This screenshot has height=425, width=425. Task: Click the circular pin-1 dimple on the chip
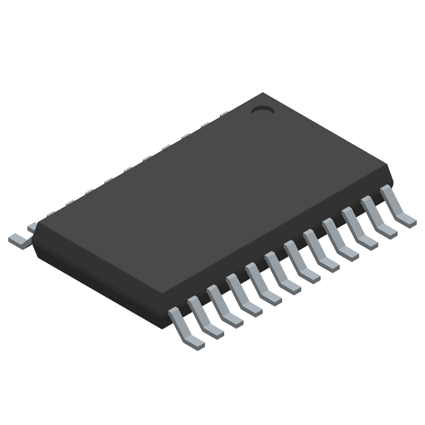pos(262,110)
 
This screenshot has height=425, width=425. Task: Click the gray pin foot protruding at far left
pos(19,240)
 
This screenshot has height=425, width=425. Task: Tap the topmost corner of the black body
pos(262,93)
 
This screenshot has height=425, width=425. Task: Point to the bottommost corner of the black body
pos(159,325)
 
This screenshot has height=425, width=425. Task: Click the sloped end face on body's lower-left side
pos(96,282)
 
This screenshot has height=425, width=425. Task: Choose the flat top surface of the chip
pos(212,202)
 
